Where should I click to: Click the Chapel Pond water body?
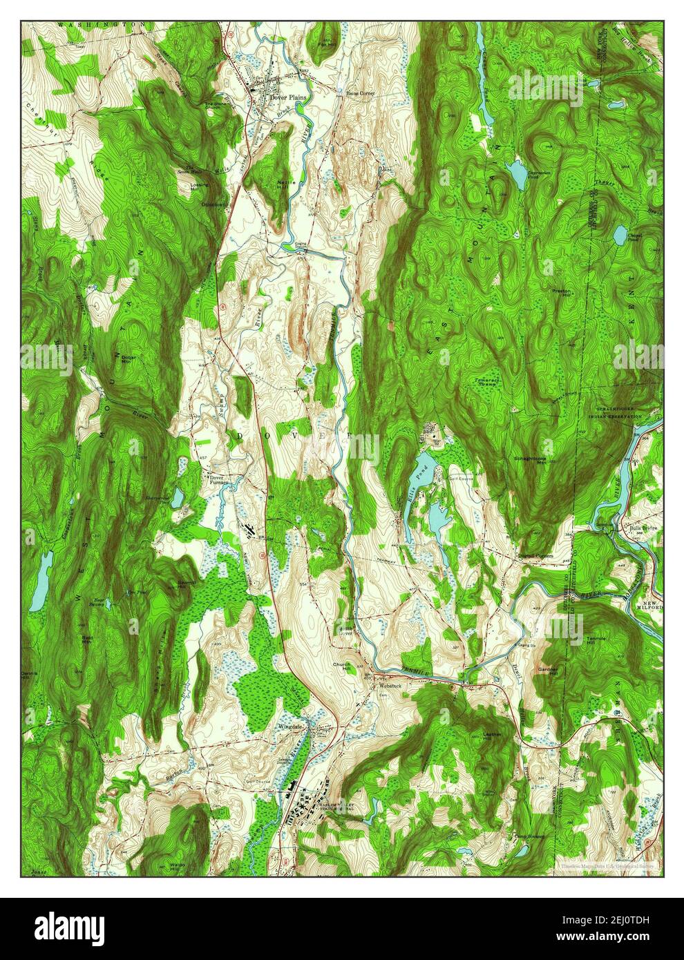click(x=620, y=236)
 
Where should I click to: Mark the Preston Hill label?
click(x=560, y=294)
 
